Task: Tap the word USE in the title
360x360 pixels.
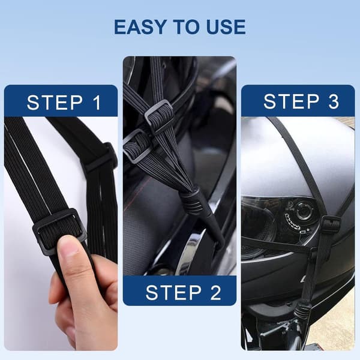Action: click(x=226, y=27)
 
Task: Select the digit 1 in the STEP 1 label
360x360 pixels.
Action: click(x=97, y=103)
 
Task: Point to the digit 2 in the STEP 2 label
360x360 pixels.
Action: click(x=215, y=292)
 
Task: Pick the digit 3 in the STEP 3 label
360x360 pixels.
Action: click(x=334, y=101)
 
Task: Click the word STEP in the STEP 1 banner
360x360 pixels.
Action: click(x=55, y=103)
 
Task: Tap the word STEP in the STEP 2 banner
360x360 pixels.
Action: click(x=173, y=292)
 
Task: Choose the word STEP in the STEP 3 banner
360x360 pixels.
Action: click(x=292, y=101)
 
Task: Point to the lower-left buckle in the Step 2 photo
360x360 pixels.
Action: click(x=137, y=146)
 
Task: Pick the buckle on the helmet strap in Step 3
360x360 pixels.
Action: click(x=331, y=224)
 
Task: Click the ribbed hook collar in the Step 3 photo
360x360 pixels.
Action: click(x=302, y=311)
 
